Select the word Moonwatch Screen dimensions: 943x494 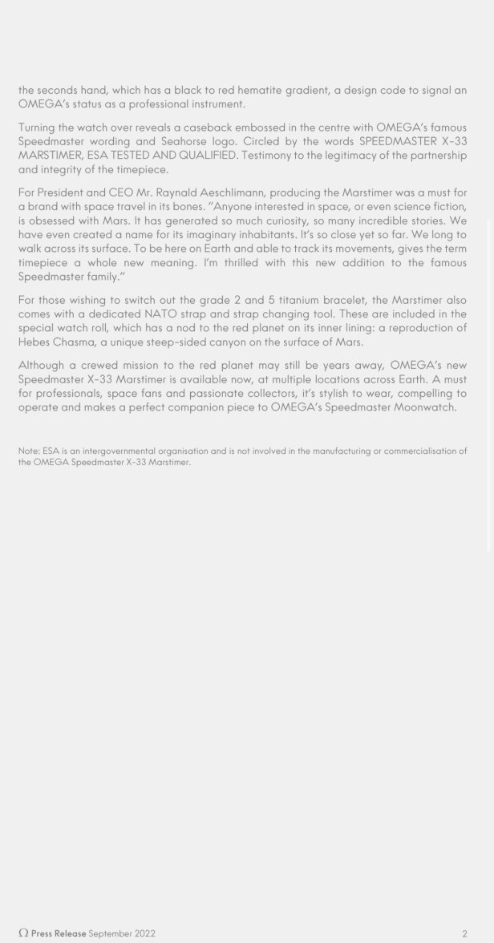coord(424,407)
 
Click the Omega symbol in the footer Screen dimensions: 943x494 coord(23,933)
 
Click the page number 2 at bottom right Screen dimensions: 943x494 coord(464,933)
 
